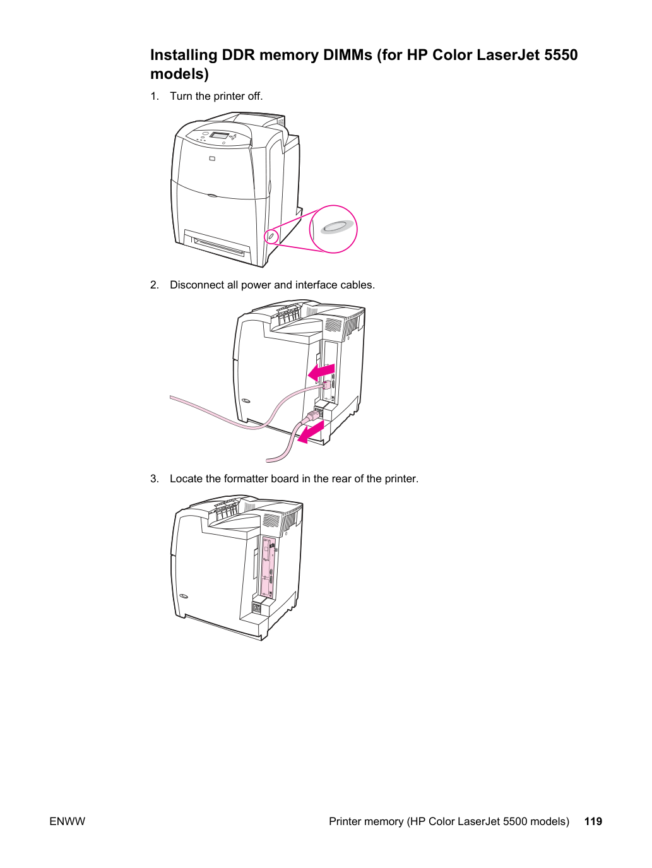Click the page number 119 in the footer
tap(593, 821)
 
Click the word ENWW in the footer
tap(67, 821)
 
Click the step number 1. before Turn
tap(155, 96)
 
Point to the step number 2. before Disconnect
tap(155, 285)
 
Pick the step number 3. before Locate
tap(155, 479)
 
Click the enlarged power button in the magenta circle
tap(337, 227)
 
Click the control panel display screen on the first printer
tap(219, 135)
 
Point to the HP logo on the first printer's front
tap(212, 159)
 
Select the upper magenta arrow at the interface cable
tap(321, 372)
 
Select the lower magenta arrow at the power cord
tap(311, 432)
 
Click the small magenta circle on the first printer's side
tap(271, 236)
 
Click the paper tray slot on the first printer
tap(218, 245)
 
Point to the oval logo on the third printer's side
tap(183, 596)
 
